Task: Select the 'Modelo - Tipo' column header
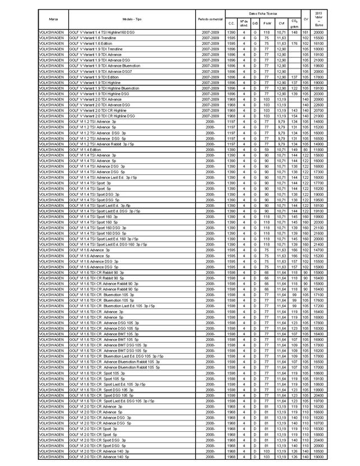[x=131, y=19]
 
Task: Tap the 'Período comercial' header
[x=210, y=19]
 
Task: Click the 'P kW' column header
[x=267, y=23]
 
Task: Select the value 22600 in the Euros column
[x=319, y=105]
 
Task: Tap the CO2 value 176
[x=294, y=43]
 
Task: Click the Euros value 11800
[x=319, y=150]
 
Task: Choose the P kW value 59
[x=267, y=150]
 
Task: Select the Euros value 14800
[x=319, y=121]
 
